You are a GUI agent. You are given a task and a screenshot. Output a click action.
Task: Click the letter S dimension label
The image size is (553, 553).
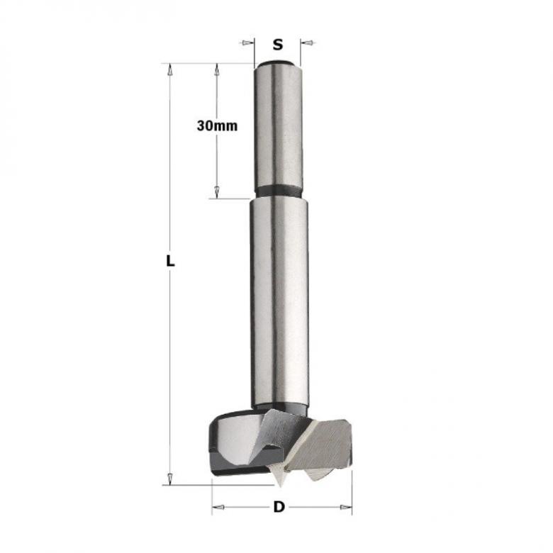[x=278, y=44]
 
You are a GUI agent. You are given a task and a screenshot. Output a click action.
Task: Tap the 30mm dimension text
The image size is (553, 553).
[x=217, y=125]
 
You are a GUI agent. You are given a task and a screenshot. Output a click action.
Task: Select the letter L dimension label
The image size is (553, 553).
[x=169, y=260]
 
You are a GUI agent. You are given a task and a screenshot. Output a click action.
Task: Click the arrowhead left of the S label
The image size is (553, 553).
[x=247, y=43]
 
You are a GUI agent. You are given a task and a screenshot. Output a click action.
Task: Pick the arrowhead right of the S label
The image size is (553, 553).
[x=308, y=43]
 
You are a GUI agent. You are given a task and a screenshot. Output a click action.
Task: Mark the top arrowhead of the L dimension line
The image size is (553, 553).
[x=169, y=69]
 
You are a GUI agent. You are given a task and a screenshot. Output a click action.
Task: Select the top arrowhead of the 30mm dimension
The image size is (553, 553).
[x=217, y=69]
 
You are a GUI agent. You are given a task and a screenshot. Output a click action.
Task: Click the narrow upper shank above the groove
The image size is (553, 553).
[x=279, y=128]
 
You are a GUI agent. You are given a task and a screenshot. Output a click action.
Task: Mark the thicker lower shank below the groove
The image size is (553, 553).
[x=279, y=298]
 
